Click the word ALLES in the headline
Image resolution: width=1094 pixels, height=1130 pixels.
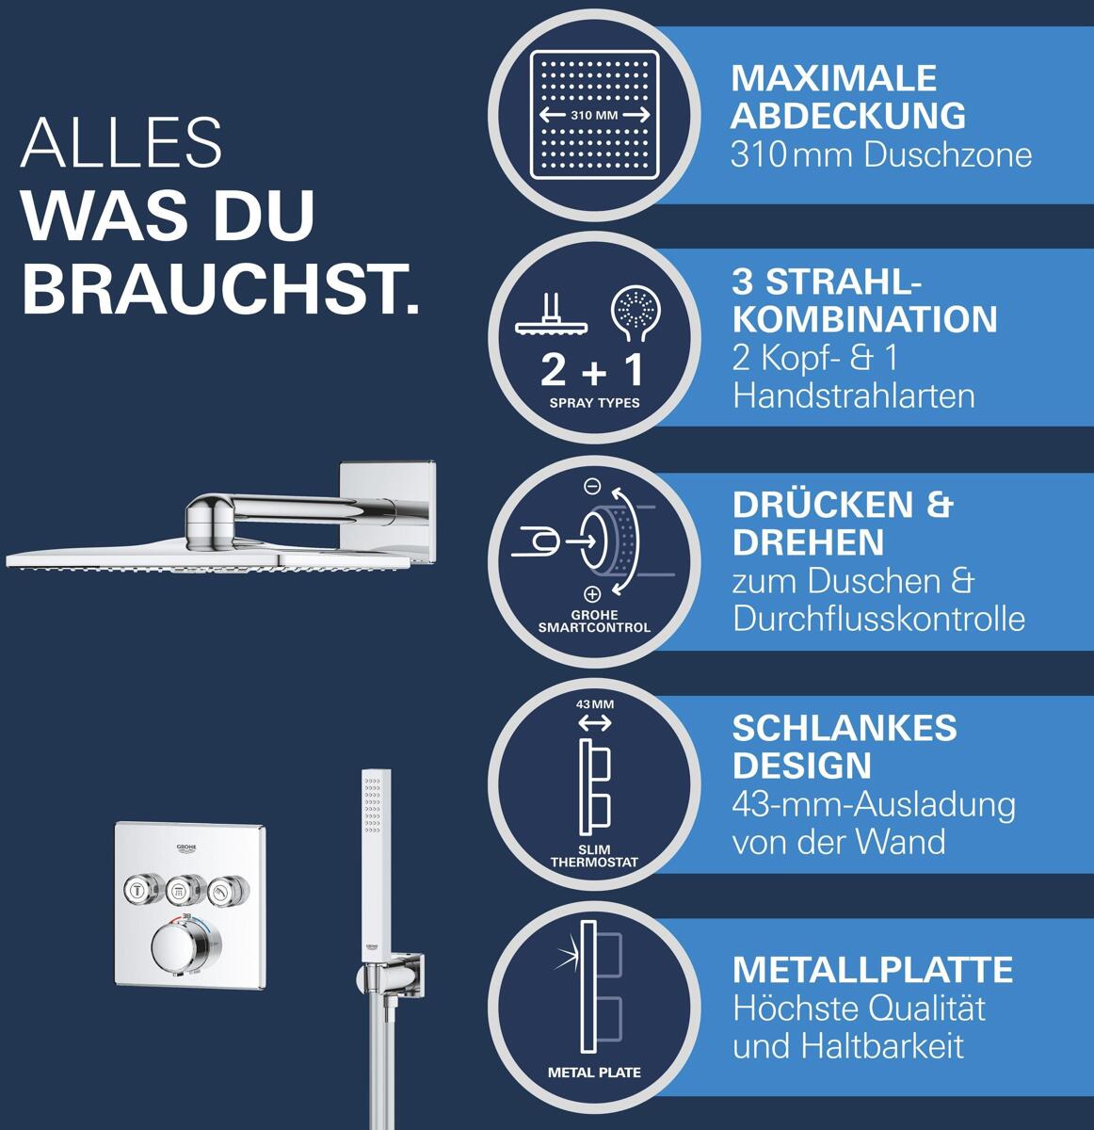pos(121,142)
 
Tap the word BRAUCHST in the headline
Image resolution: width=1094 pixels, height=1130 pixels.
pos(220,290)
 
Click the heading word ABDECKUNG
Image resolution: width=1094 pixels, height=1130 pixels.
pos(847,116)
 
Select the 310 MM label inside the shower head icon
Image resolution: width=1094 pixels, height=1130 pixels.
pos(594,115)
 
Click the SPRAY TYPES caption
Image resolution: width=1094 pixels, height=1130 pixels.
pos(594,403)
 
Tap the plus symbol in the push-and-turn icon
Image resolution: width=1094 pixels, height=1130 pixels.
pos(591,594)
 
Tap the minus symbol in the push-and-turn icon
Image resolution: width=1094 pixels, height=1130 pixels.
pos(592,486)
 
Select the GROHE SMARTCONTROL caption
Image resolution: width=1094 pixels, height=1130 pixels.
pos(594,621)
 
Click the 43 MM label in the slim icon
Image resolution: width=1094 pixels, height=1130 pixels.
pos(595,704)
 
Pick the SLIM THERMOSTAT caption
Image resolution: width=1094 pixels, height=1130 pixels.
pos(594,857)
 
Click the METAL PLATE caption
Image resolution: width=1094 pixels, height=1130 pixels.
pos(594,1073)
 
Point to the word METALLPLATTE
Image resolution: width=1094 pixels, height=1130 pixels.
pos(873,970)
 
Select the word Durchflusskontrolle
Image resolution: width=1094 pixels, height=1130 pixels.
pos(878,619)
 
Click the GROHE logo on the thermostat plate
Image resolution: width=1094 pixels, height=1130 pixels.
pos(187,849)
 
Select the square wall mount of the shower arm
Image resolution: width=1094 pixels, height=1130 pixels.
pos(387,512)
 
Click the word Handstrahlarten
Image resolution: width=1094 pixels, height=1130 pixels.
pos(854,396)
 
